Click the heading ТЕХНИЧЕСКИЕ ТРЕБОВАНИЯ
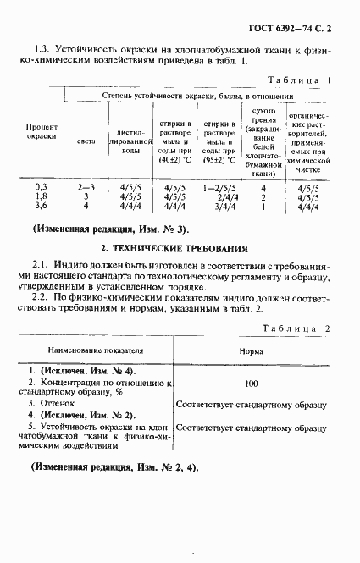click(174, 250)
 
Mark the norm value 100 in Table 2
click(252, 384)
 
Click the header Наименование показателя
click(96, 349)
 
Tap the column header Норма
click(251, 349)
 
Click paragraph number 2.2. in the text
click(42, 299)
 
